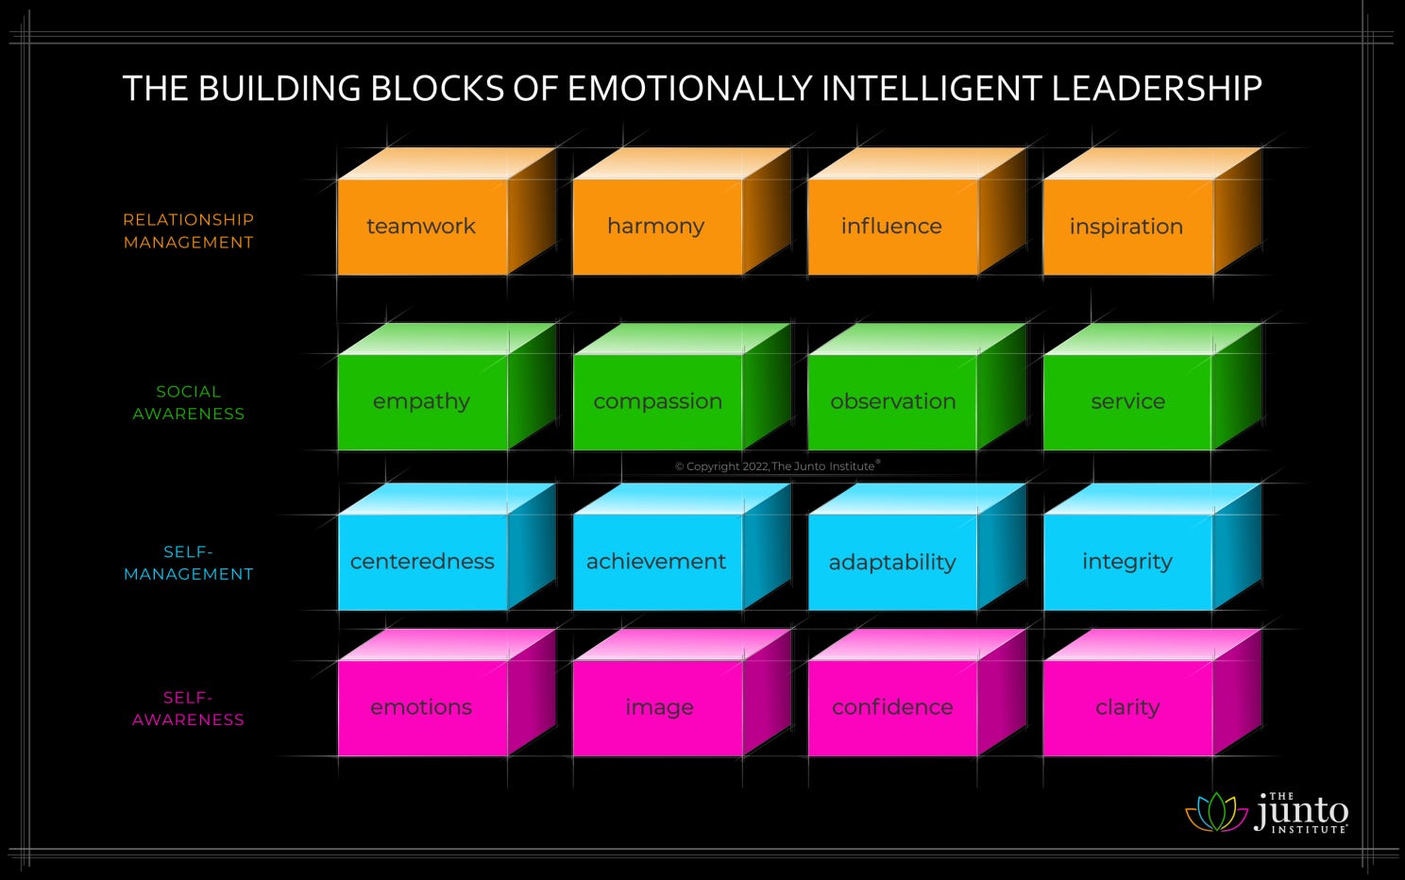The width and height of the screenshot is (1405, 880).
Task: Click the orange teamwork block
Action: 422,227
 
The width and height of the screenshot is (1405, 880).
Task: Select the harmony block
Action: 656,227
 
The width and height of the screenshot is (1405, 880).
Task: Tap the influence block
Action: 891,227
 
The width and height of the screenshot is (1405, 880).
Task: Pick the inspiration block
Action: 1126,227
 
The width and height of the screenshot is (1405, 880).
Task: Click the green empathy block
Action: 422,401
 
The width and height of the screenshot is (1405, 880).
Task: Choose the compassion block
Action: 657,401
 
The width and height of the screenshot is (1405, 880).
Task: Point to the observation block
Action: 892,401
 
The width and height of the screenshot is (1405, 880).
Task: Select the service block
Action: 1127,401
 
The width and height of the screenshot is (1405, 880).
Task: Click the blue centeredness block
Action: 422,562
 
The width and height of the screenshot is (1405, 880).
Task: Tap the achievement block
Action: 656,562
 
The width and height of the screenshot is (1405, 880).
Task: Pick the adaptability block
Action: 892,562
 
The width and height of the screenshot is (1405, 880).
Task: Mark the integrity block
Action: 1127,562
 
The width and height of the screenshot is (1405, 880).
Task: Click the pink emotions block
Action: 421,707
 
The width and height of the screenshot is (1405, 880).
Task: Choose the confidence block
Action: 892,707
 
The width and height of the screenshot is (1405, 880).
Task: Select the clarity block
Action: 1127,707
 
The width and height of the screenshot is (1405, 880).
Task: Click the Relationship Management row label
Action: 189,231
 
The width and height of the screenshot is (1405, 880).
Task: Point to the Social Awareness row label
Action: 189,403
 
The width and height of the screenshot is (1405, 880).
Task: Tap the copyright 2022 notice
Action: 776,466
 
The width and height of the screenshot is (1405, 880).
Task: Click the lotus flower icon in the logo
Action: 1216,812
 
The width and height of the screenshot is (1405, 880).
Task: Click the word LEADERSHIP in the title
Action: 1157,89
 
